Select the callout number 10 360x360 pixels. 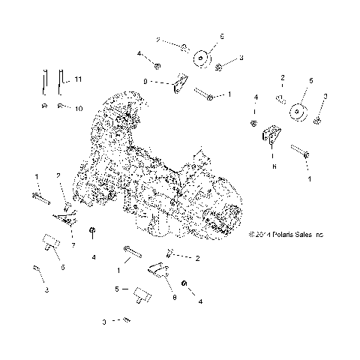pos(78,108)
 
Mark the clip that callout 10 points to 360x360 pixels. pos(61,106)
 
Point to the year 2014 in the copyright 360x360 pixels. pos(261,235)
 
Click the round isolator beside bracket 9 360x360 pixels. pos(202,58)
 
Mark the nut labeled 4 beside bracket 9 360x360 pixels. pos(157,65)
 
